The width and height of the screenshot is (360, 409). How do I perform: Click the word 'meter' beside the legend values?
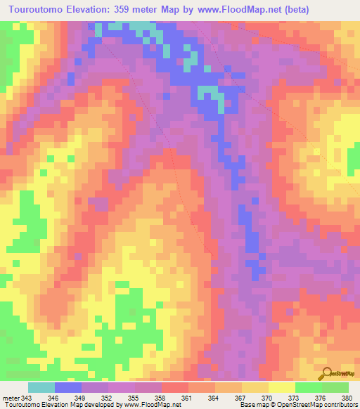pos(11,397)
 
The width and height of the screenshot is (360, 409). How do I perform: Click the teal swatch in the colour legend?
pos(41,387)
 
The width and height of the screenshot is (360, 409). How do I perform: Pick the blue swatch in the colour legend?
pos(68,387)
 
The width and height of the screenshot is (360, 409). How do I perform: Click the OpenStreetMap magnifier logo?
pos(328,374)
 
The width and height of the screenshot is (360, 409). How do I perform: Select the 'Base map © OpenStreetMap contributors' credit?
pos(297,405)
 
